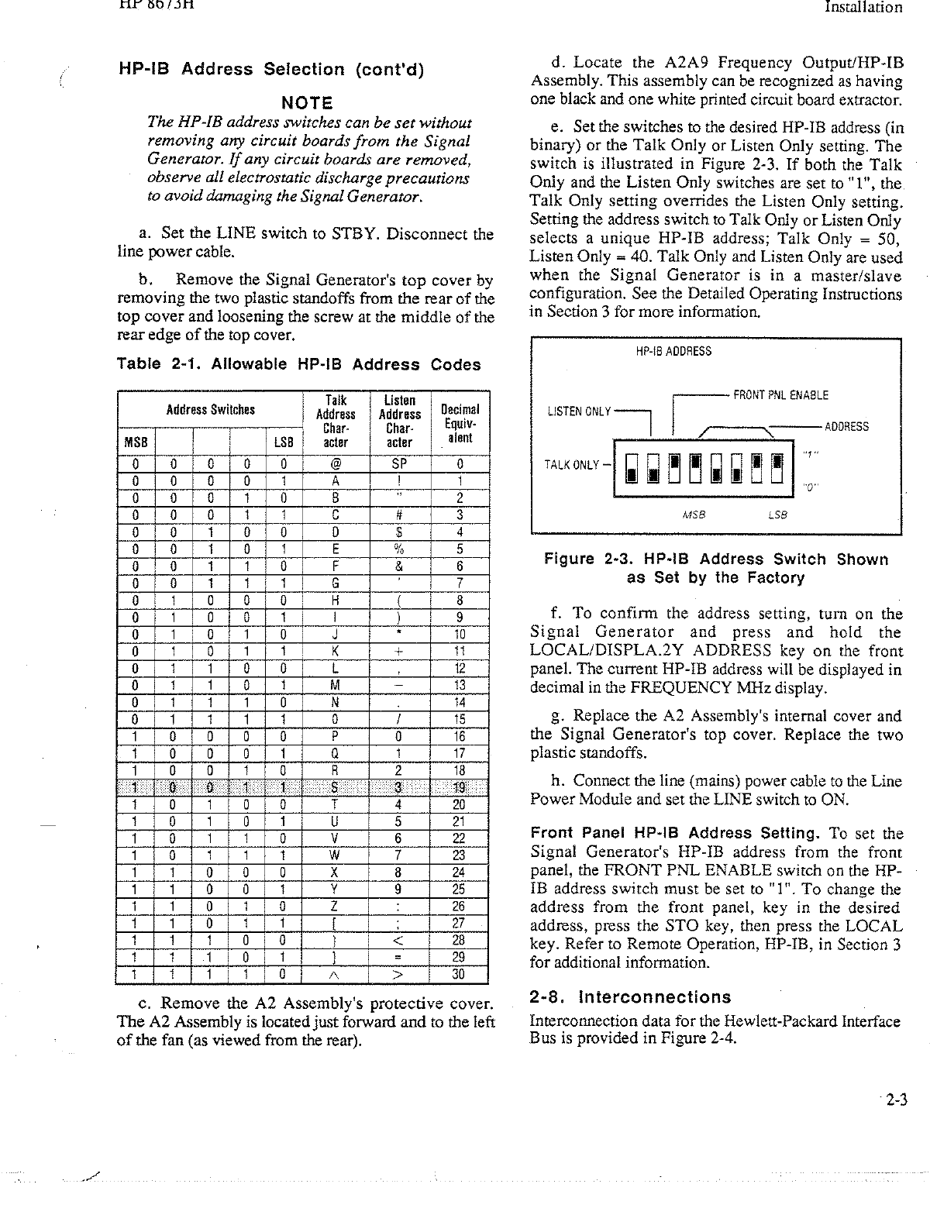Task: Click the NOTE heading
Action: point(306,103)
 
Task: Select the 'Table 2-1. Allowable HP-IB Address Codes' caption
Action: point(298,364)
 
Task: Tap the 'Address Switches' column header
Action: point(210,410)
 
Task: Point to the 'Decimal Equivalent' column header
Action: point(460,423)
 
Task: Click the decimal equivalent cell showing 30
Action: point(459,975)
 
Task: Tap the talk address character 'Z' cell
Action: point(333,906)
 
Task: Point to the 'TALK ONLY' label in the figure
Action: point(572,465)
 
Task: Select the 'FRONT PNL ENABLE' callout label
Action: point(780,395)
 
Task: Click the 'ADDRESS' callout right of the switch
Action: point(846,427)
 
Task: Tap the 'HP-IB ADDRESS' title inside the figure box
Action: point(673,351)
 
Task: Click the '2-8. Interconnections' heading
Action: point(630,997)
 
